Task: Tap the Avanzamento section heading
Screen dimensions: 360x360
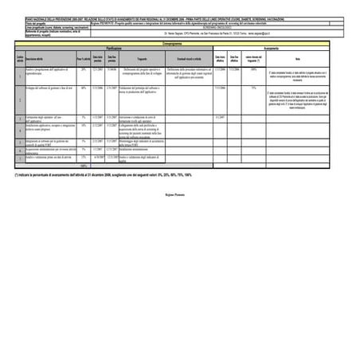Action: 271,49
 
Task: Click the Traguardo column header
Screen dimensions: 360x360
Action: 142,59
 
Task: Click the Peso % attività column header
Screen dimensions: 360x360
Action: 83,59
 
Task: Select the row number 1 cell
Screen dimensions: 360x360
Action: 20,75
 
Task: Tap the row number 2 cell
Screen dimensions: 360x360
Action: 20,100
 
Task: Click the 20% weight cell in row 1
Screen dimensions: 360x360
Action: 83,70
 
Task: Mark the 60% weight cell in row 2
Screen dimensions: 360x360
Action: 83,88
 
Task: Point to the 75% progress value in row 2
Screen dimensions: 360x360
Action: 253,88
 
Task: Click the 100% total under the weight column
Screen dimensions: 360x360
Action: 83,166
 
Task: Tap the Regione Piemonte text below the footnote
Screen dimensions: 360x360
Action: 179,195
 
